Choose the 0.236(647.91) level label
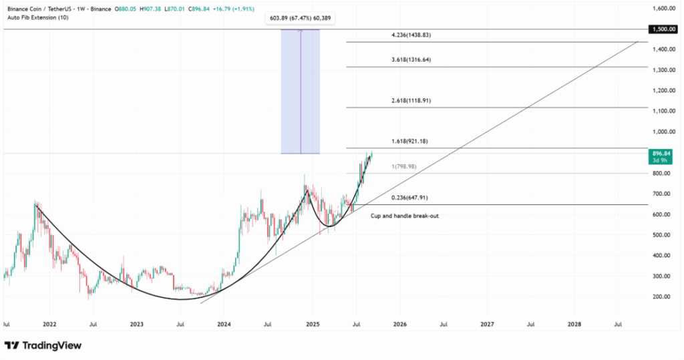[413, 198]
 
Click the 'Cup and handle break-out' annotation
[405, 216]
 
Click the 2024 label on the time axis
[224, 324]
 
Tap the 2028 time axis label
[574, 324]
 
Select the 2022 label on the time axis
[49, 324]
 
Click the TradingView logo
[43, 345]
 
